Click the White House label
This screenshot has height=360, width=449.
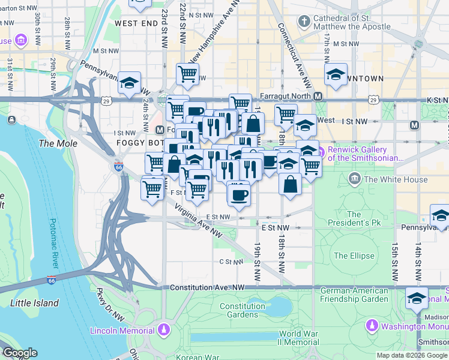pyautogui.click(x=396, y=179)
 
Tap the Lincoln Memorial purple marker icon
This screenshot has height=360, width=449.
pyautogui.click(x=163, y=330)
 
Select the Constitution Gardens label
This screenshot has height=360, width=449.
pyautogui.click(x=242, y=310)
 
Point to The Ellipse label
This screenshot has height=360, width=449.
pyautogui.click(x=354, y=256)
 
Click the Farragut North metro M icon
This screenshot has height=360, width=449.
pyautogui.click(x=318, y=97)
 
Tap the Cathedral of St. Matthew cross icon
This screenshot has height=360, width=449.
pyautogui.click(x=304, y=22)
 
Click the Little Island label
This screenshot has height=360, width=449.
pyautogui.click(x=34, y=303)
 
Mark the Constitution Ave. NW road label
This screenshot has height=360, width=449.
pyautogui.click(x=208, y=288)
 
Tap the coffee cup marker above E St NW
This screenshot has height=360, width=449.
pyautogui.click(x=239, y=194)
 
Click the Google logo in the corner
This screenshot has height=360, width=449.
pyautogui.click(x=19, y=353)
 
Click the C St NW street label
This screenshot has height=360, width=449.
pyautogui.click(x=230, y=262)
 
